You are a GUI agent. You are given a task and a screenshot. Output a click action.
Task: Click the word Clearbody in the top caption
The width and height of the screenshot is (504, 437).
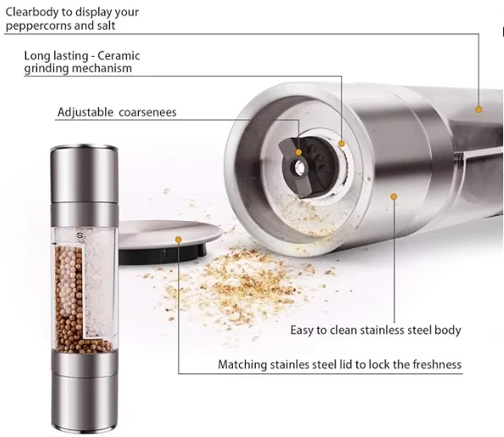34,12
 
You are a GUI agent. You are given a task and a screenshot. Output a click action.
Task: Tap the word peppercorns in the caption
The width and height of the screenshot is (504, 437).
39,25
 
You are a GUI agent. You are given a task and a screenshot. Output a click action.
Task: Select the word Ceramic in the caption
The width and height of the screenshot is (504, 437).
120,56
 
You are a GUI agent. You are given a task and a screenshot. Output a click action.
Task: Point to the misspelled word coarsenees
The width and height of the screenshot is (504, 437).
149,112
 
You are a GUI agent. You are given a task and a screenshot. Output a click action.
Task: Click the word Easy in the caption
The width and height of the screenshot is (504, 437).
303,329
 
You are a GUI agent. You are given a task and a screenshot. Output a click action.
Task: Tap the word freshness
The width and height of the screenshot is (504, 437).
432,364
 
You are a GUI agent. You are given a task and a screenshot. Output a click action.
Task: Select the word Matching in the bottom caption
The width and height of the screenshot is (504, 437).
243,364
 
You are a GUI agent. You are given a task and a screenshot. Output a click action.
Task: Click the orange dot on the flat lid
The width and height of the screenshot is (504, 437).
179,240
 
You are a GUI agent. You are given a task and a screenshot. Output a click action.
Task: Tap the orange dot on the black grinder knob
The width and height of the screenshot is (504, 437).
298,152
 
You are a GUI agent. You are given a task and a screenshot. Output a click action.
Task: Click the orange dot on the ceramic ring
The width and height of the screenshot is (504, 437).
342,143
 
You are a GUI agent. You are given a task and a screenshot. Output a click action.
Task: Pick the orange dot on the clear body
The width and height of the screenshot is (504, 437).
479,108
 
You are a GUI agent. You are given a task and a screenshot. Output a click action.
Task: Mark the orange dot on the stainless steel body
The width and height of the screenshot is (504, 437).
394,196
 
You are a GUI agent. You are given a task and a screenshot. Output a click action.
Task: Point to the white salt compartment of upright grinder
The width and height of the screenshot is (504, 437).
99,279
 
